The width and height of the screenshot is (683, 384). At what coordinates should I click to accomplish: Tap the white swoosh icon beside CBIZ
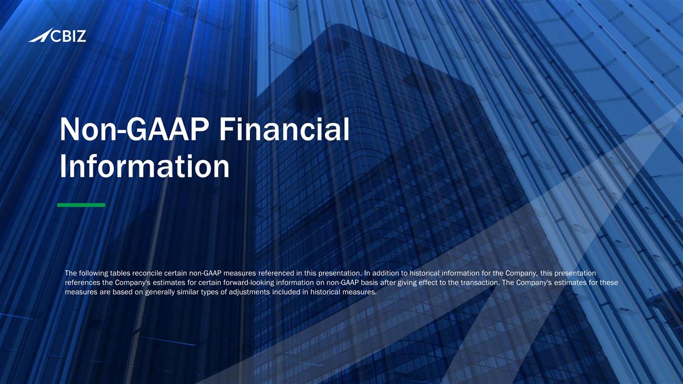click(x=39, y=37)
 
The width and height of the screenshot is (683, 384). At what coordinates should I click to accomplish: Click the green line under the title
click(x=81, y=205)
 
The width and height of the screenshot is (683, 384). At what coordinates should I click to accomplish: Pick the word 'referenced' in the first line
click(x=268, y=273)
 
